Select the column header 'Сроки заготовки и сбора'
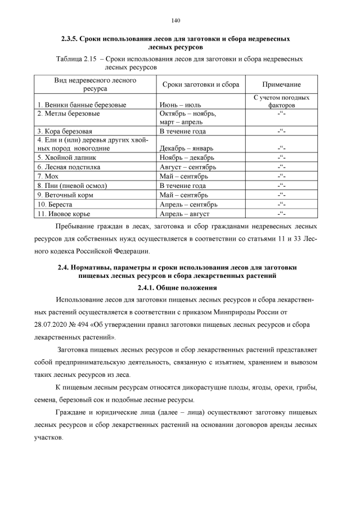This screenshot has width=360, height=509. pyautogui.click(x=200, y=84)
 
